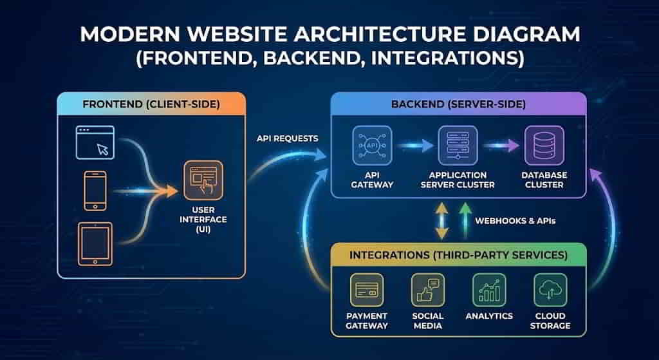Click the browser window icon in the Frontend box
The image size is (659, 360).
point(95,142)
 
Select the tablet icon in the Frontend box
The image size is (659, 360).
point(95,244)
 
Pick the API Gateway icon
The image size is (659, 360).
point(371,146)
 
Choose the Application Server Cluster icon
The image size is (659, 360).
point(457,146)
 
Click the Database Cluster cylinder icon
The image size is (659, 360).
point(543,146)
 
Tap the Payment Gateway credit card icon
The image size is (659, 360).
point(366,290)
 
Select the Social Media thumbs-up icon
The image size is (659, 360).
point(427,290)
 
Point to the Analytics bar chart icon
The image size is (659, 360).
point(489,290)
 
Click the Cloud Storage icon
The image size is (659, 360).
point(550,290)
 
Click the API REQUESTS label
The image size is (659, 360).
point(287,138)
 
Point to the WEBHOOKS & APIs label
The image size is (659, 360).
point(515,220)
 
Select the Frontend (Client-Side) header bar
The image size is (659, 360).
point(151,104)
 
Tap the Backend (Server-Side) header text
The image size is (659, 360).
point(458,104)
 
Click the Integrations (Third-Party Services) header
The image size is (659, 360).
point(458,255)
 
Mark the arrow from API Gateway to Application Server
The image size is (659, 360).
point(414,146)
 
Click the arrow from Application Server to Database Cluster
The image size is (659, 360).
point(501,146)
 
